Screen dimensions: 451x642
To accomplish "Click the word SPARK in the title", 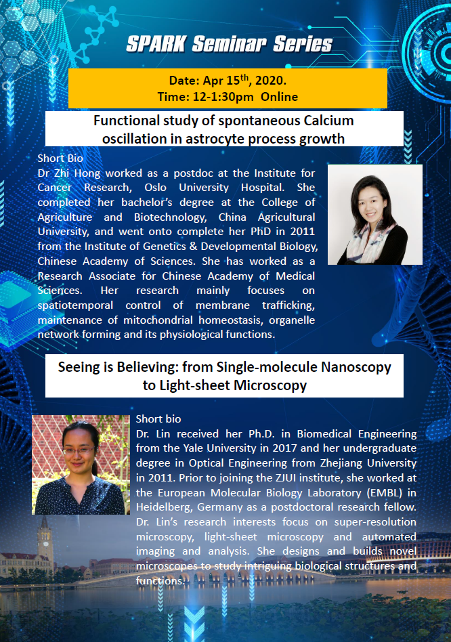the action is click(x=156, y=44).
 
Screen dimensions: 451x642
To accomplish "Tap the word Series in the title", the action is click(x=303, y=44).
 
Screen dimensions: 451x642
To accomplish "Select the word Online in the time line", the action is click(x=279, y=97).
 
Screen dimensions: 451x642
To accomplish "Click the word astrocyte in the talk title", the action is click(x=215, y=140).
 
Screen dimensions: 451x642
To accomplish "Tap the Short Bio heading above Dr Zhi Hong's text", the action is click(x=60, y=158).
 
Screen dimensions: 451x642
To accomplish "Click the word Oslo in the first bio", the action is click(x=155, y=188).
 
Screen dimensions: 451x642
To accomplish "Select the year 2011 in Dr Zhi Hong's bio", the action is click(x=303, y=232).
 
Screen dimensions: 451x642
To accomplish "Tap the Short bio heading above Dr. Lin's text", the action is click(x=158, y=419).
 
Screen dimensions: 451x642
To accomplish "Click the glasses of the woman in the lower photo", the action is click(x=78, y=451).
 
